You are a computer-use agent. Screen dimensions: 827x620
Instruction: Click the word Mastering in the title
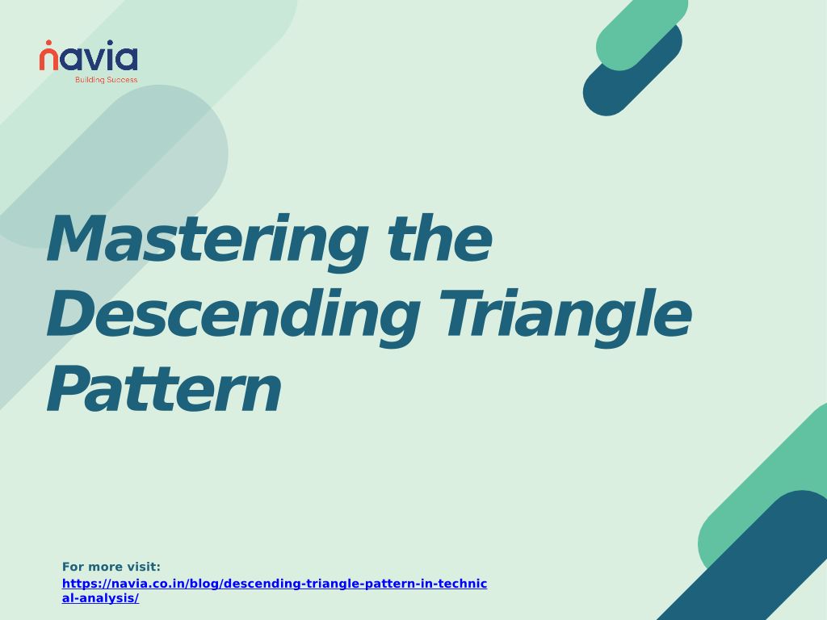pyautogui.click(x=208, y=242)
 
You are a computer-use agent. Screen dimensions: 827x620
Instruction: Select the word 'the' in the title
pyautogui.click(x=440, y=237)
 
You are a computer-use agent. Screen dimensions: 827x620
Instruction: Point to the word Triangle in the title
pyautogui.click(x=565, y=318)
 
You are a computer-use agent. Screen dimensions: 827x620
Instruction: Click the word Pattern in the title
pyautogui.click(x=164, y=388)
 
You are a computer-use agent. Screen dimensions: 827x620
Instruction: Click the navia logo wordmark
pyautogui.click(x=89, y=56)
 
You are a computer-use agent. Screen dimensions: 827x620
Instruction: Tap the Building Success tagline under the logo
pyautogui.click(x=106, y=80)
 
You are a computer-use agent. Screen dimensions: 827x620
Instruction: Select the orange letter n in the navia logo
pyautogui.click(x=48, y=60)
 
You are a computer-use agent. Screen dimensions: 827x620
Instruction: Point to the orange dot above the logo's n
pyautogui.click(x=48, y=43)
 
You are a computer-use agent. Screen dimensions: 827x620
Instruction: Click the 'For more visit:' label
pyautogui.click(x=111, y=567)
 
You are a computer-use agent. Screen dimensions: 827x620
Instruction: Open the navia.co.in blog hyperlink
pyautogui.click(x=275, y=590)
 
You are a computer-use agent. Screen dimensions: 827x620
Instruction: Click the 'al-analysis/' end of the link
pyautogui.click(x=100, y=598)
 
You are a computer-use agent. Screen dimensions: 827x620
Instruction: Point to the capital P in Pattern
pyautogui.click(x=66, y=388)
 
